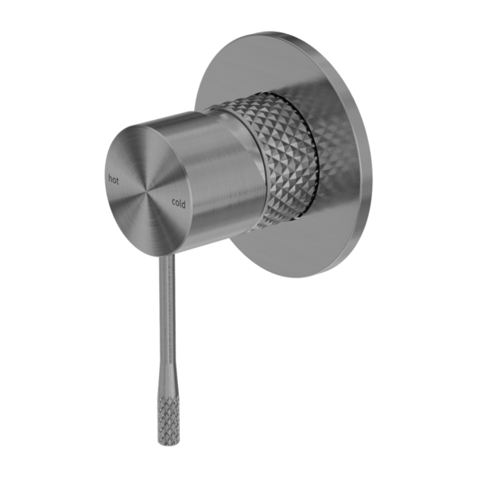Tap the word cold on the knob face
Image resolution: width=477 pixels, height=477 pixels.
tap(177, 204)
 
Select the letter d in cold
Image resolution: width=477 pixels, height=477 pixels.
tap(184, 206)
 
